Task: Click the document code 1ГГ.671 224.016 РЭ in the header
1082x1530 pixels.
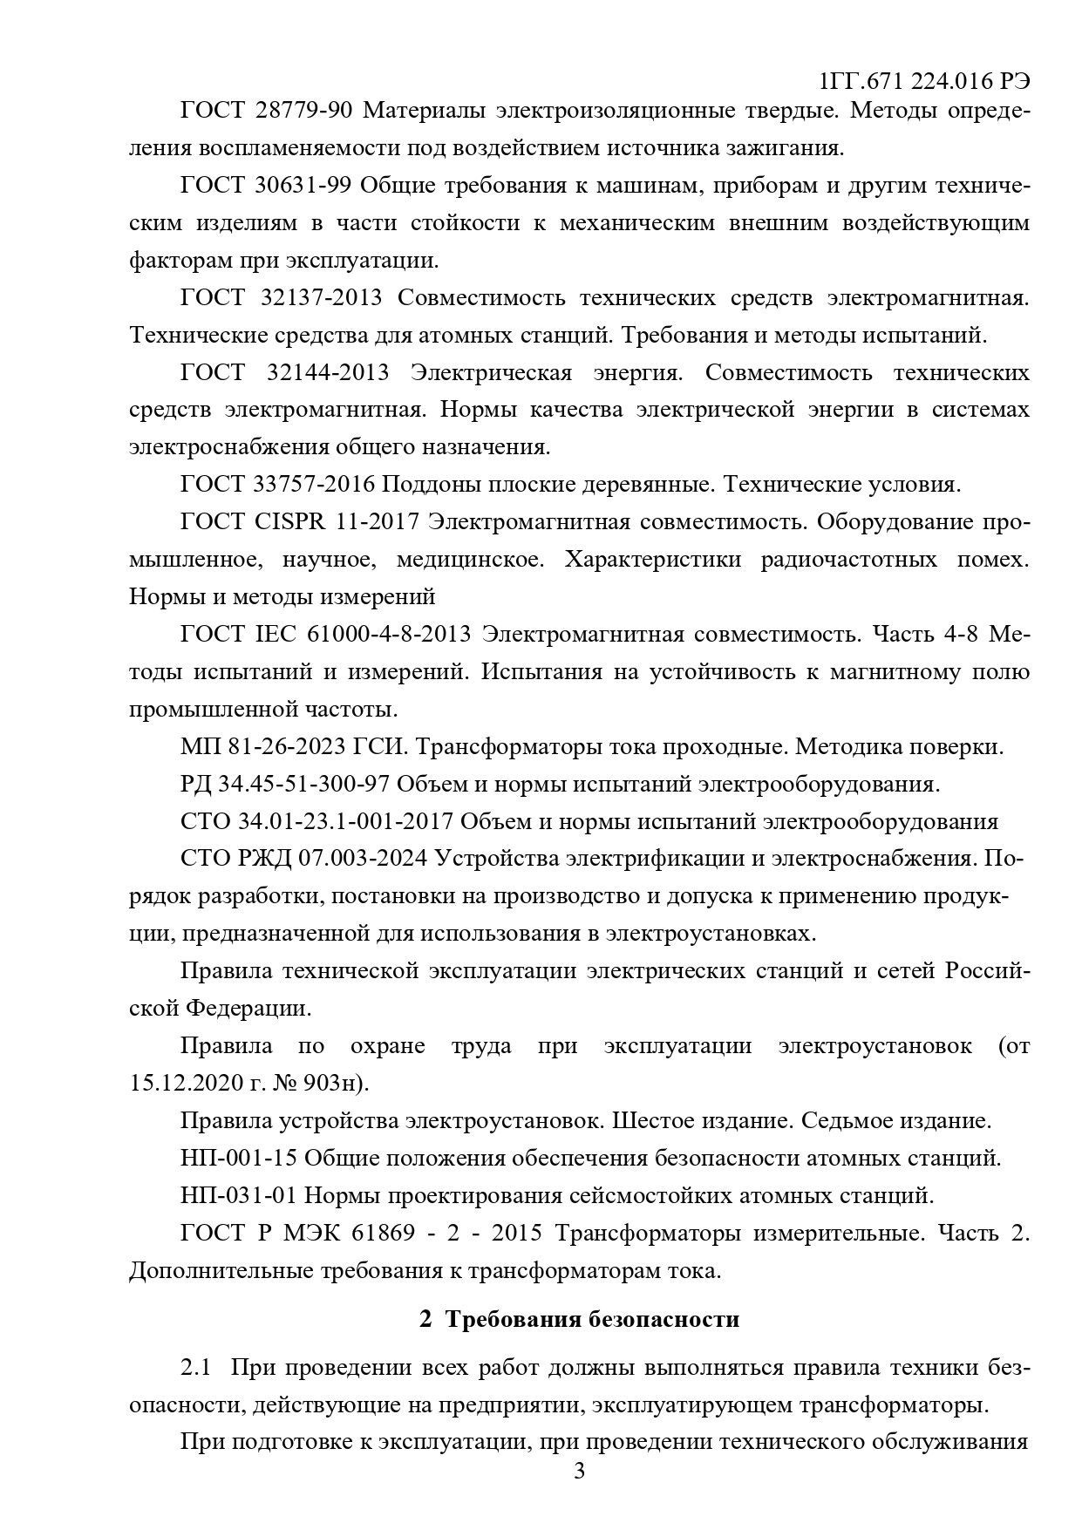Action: tap(924, 81)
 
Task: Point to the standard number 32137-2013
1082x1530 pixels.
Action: tap(321, 297)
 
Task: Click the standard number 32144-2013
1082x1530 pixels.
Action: tap(325, 372)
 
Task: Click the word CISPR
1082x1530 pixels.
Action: tap(290, 521)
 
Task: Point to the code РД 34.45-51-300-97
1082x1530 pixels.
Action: tap(284, 785)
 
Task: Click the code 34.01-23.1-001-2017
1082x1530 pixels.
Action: tap(344, 822)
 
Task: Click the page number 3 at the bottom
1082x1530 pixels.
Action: tap(579, 1472)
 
